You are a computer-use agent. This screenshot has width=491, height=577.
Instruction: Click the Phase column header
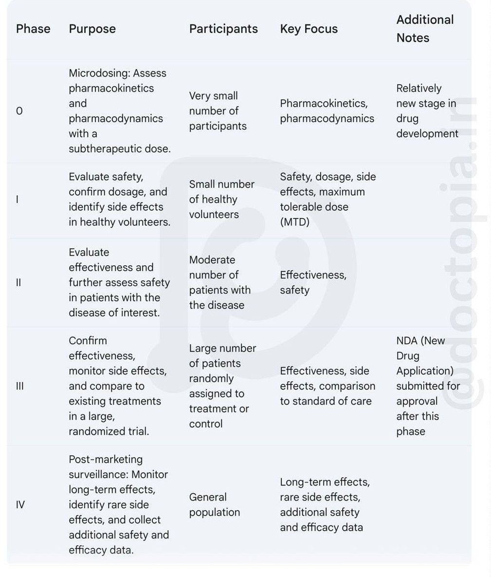pyautogui.click(x=33, y=29)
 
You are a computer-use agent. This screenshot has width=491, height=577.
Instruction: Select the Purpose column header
pyautogui.click(x=92, y=29)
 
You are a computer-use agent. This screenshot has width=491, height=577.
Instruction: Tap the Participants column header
pyautogui.click(x=223, y=29)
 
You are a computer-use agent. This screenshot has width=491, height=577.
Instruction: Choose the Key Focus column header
pyautogui.click(x=309, y=29)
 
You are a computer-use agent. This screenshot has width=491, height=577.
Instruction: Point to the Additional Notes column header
pyautogui.click(x=425, y=29)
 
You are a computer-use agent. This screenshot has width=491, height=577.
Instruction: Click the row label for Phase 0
pyautogui.click(x=19, y=111)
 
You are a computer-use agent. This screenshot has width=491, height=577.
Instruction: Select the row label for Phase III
pyautogui.click(x=20, y=386)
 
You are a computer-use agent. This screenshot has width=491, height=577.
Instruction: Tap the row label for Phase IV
pyautogui.click(x=20, y=504)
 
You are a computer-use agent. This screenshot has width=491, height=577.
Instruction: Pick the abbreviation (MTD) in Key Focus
pyautogui.click(x=294, y=222)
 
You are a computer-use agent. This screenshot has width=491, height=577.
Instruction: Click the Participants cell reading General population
pyautogui.click(x=215, y=504)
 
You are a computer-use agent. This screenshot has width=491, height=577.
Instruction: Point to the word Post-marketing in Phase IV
pyautogui.click(x=106, y=459)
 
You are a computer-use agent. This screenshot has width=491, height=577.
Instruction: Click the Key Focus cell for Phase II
pyautogui.click(x=313, y=282)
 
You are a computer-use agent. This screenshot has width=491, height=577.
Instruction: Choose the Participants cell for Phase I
pyautogui.click(x=221, y=199)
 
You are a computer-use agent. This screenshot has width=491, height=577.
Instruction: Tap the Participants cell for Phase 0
pyautogui.click(x=218, y=111)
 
